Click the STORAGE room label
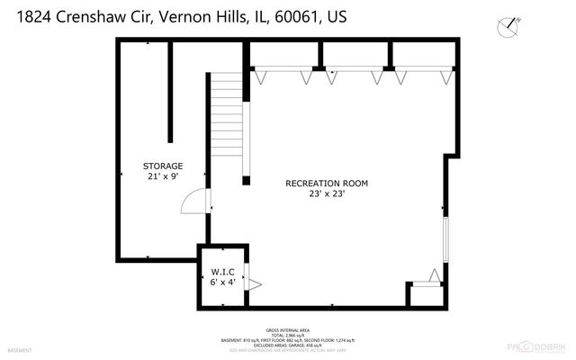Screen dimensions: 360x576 [x=163, y=166]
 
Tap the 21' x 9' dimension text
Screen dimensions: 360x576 [x=163, y=177]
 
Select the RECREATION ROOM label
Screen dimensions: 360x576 [x=327, y=183]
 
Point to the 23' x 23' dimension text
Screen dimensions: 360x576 [x=327, y=193]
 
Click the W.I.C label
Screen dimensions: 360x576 [x=224, y=271]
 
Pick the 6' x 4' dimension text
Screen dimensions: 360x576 [x=224, y=282]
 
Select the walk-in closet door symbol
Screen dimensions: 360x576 [x=255, y=284]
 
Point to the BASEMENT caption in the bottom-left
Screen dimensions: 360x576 [x=21, y=349]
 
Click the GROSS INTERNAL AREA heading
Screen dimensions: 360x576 [x=287, y=329]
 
